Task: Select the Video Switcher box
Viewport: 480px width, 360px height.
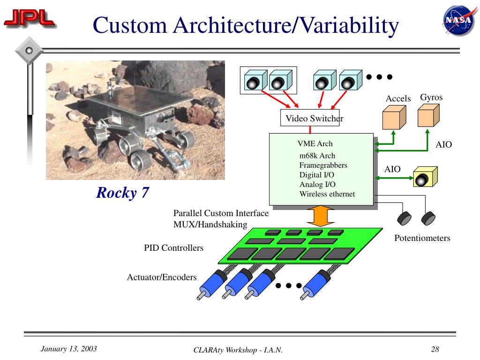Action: click(x=309, y=119)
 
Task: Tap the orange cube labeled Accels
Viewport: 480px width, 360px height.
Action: click(x=393, y=117)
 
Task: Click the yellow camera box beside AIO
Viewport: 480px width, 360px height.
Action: click(x=425, y=177)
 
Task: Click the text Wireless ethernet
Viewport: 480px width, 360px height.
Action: click(x=327, y=194)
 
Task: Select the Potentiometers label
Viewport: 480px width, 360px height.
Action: click(x=422, y=238)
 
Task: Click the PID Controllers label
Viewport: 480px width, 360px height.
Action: click(x=173, y=248)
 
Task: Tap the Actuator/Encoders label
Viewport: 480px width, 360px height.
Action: click(x=162, y=277)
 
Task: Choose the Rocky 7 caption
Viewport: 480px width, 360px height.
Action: click(x=122, y=193)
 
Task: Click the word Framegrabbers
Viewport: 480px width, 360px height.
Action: click(x=323, y=165)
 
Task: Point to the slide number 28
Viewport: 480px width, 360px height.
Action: click(x=435, y=349)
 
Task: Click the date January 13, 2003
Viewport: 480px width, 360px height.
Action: click(x=69, y=349)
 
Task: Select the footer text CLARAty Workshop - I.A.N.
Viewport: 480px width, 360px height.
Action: click(x=238, y=351)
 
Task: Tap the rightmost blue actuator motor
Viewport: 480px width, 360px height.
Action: click(x=315, y=284)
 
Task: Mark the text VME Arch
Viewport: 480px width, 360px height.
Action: click(x=315, y=144)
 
